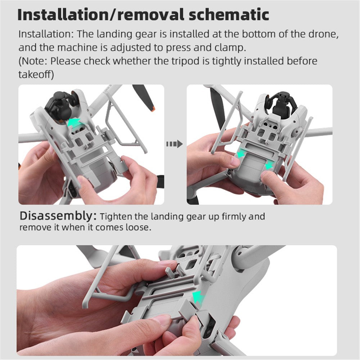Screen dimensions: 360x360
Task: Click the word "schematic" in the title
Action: pos(229,15)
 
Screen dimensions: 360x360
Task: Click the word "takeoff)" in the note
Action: pos(36,75)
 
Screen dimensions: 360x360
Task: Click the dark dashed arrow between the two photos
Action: pos(175,144)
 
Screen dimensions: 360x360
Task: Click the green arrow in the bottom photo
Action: pos(198,298)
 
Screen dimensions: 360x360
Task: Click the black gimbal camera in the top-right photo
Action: pos(282,102)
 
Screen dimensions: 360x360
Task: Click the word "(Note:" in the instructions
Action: pos(33,61)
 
